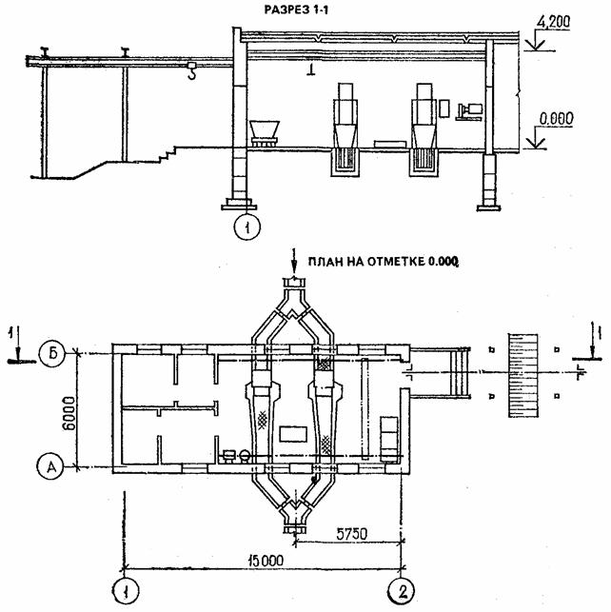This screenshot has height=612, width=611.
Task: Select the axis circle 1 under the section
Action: (246, 227)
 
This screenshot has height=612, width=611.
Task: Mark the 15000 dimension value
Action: (259, 560)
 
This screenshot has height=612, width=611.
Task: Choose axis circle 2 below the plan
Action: (404, 590)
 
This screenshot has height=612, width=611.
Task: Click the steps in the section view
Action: (173, 152)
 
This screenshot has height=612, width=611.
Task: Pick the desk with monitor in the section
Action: (468, 110)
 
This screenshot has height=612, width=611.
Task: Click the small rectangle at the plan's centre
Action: (294, 434)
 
